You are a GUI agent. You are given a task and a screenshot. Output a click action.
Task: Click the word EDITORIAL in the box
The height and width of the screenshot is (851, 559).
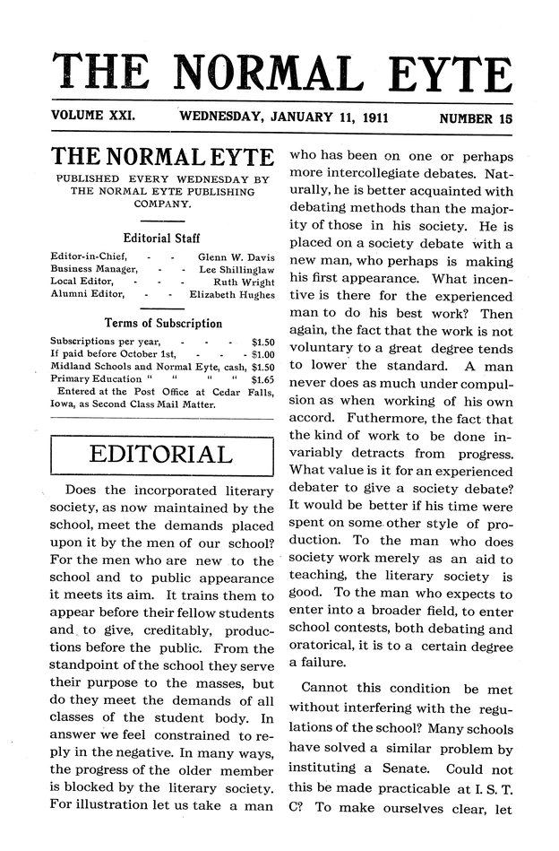pos(161,455)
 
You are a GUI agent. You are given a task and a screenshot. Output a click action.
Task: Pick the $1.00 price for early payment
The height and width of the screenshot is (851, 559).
pos(257,354)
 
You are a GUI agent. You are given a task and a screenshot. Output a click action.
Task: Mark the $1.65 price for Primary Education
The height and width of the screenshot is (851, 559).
pos(261,379)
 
